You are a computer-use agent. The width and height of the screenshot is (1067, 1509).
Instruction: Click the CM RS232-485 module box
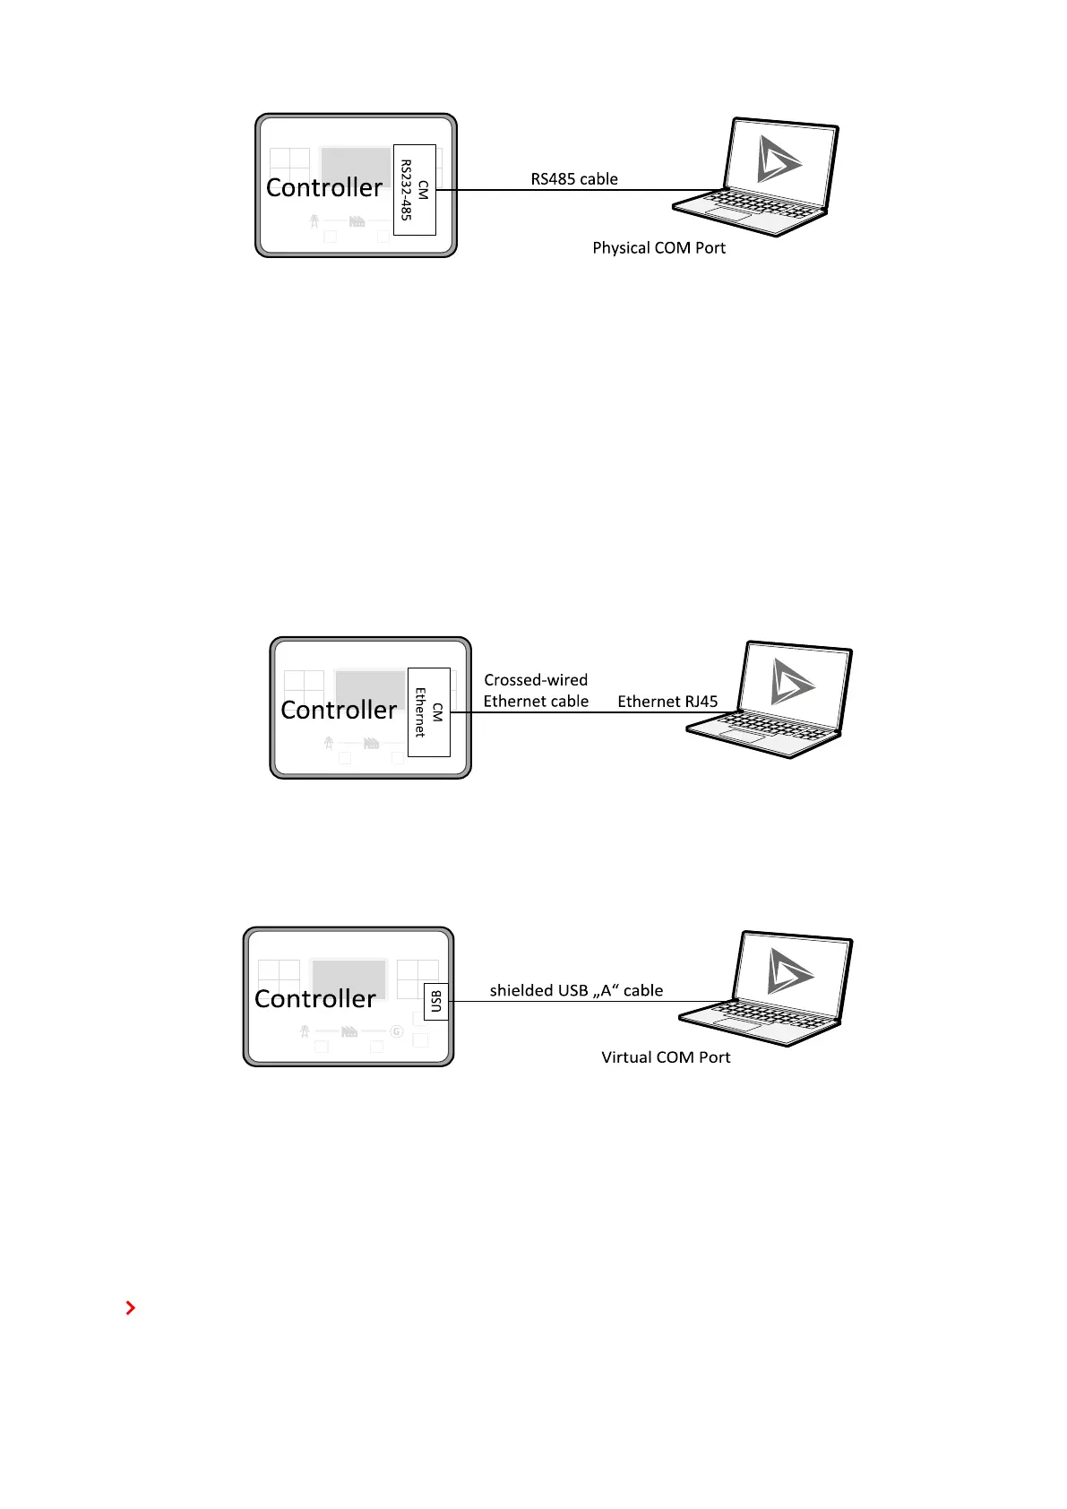[415, 189]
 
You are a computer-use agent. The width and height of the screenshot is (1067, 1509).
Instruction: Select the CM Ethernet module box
[428, 711]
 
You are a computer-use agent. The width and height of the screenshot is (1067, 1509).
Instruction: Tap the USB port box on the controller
[435, 1001]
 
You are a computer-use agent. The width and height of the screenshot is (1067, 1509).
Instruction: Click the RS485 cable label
[574, 179]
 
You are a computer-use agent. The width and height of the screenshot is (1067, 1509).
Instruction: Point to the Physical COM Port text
[658, 248]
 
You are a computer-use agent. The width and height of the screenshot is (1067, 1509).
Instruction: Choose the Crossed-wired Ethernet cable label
[536, 691]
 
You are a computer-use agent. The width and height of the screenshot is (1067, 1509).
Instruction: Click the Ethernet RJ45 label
[667, 702]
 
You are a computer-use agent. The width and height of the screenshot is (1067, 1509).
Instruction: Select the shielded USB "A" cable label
[576, 990]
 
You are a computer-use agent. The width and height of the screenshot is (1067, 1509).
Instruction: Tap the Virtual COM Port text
[666, 1057]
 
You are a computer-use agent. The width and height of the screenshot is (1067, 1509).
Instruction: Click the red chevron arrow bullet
[131, 1308]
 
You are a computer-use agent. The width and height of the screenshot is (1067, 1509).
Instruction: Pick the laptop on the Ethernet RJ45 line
[770, 700]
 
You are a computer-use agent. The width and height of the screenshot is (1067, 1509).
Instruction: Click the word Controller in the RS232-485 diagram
[324, 188]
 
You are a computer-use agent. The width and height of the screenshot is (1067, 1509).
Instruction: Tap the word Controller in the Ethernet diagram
[339, 711]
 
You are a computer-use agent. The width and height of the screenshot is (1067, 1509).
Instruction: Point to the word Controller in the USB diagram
[315, 999]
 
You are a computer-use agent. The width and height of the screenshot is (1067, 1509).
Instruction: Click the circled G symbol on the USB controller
[396, 1032]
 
